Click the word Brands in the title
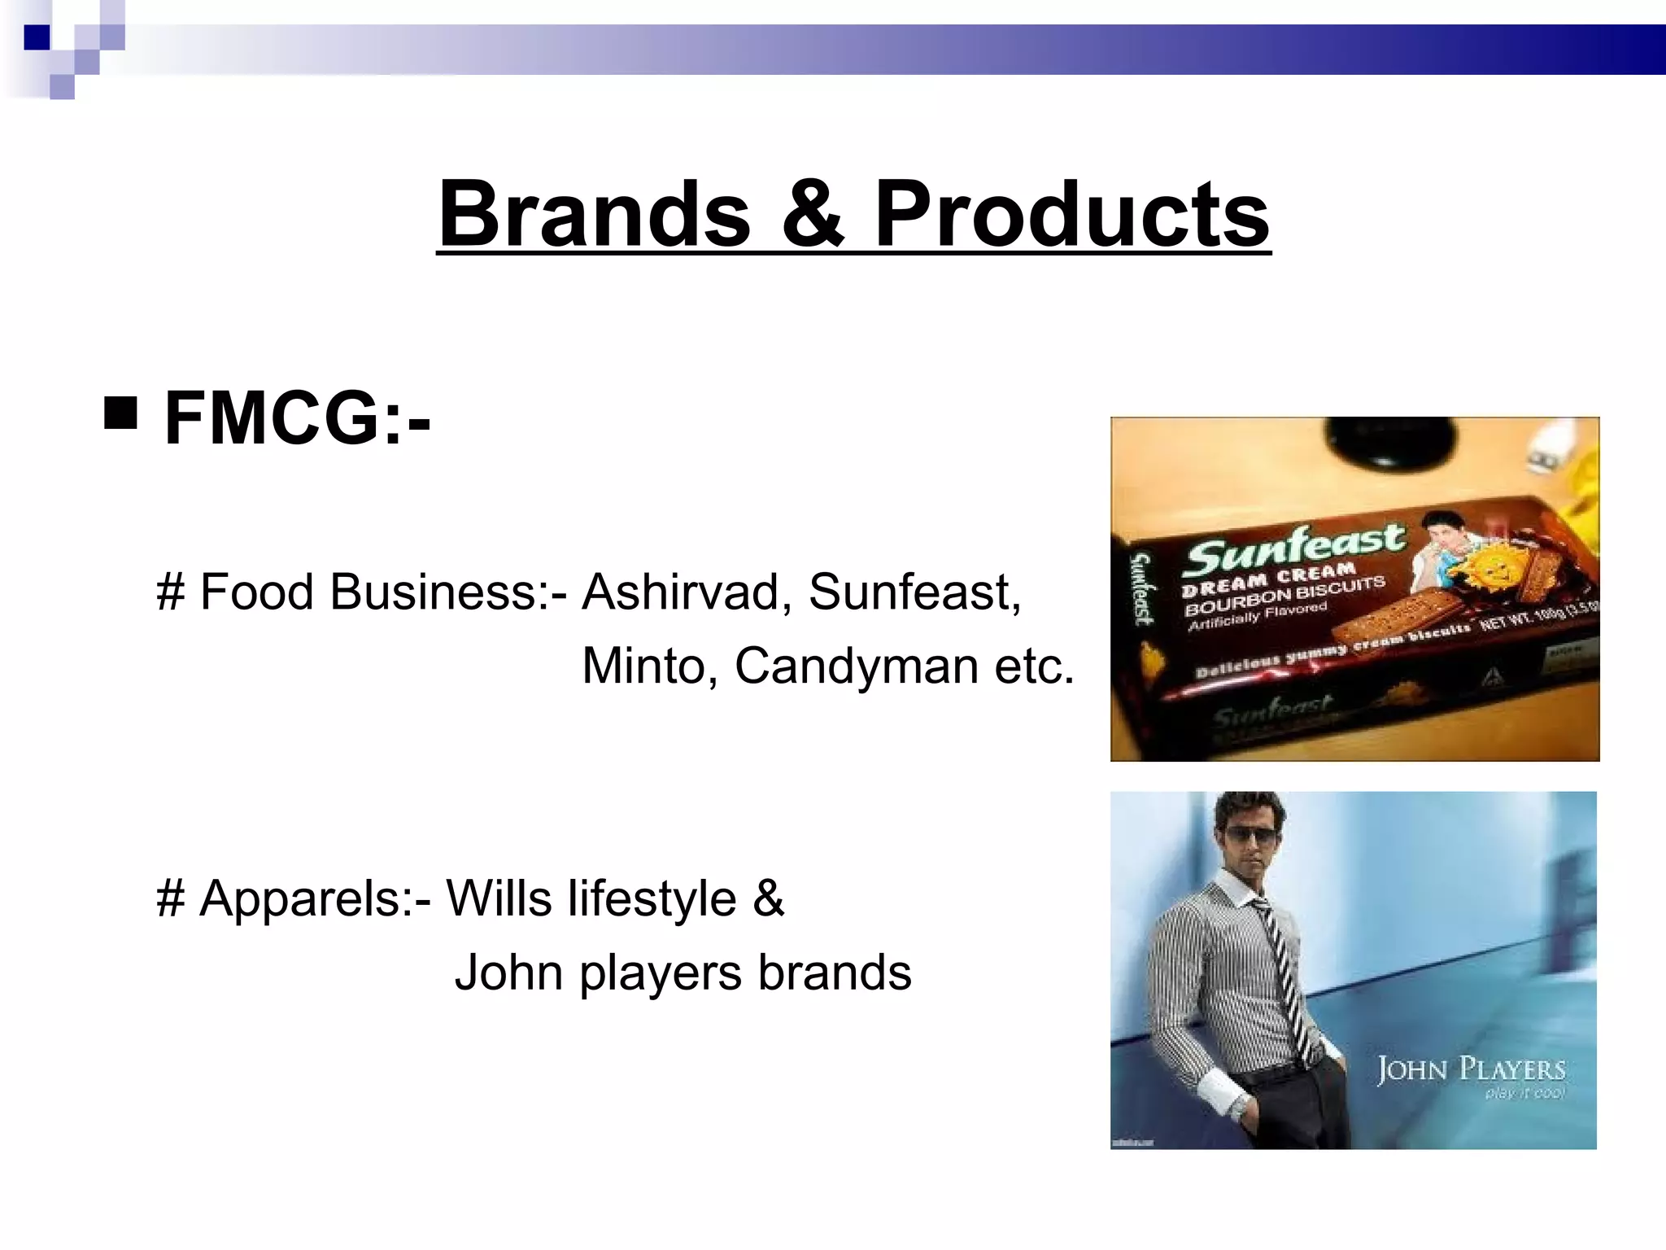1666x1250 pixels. pyautogui.click(x=595, y=214)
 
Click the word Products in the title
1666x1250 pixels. pyautogui.click(x=1071, y=214)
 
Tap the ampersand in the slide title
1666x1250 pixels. pyautogui.click(x=813, y=214)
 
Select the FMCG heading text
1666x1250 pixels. pyautogui.click(x=297, y=418)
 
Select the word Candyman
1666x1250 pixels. pyautogui.click(x=857, y=666)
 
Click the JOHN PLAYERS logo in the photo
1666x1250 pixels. pyautogui.click(x=1471, y=1069)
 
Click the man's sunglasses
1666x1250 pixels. pyautogui.click(x=1249, y=836)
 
